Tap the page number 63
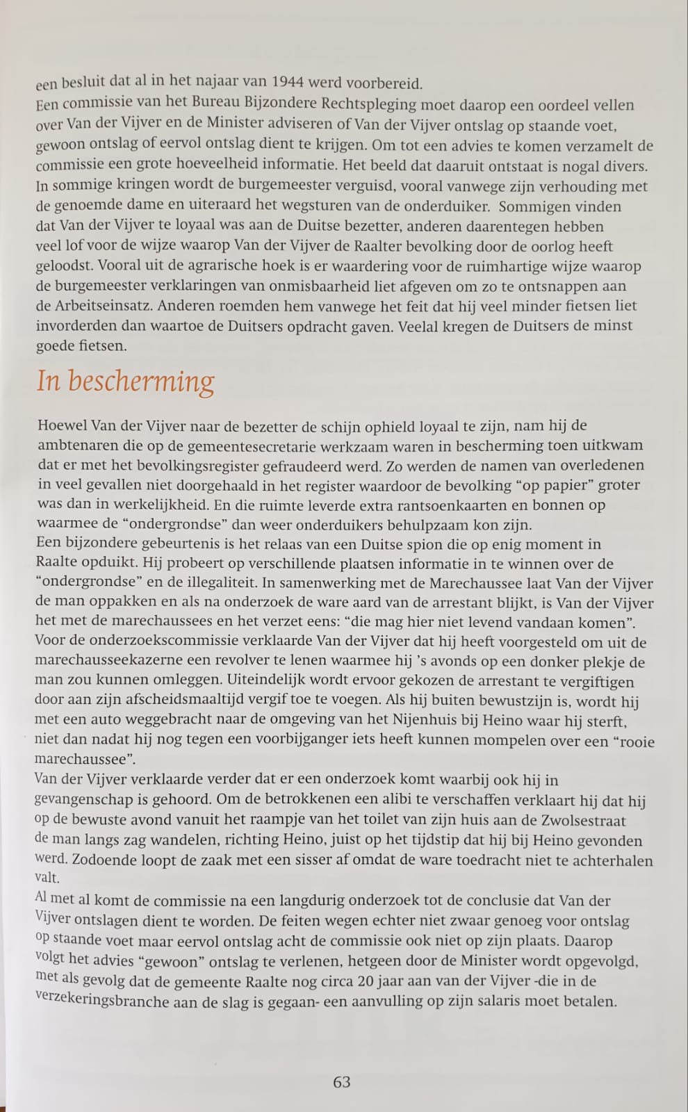pyautogui.click(x=342, y=1082)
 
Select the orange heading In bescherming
pyautogui.click(x=125, y=382)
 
